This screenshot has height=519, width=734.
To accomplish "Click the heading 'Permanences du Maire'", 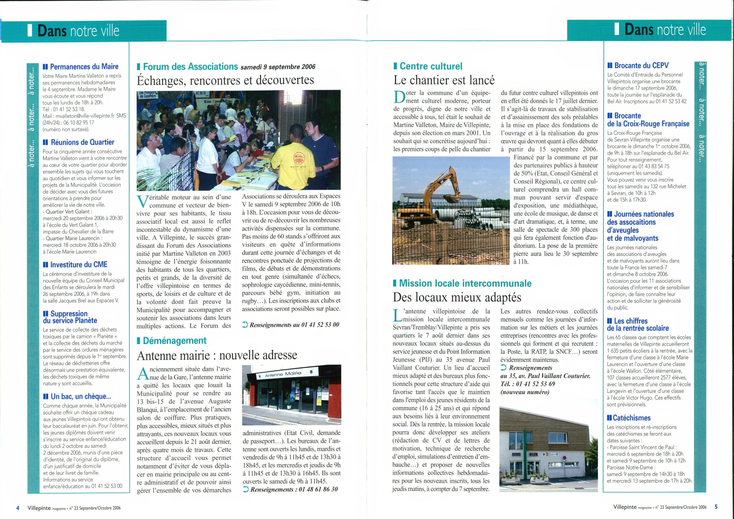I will (x=84, y=67).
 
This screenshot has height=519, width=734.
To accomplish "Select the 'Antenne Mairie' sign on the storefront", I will (x=283, y=374).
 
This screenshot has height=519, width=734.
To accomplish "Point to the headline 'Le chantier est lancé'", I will (x=444, y=80).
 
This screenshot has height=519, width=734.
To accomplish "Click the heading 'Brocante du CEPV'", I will (x=641, y=66).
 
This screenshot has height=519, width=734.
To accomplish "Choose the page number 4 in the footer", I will (x=18, y=508).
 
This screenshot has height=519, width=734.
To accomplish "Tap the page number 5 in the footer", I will (x=716, y=507).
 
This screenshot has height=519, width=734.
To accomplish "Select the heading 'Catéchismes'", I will (x=631, y=417).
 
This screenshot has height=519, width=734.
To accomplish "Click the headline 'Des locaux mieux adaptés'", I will (x=457, y=297).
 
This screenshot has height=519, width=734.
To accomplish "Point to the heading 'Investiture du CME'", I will (x=79, y=264).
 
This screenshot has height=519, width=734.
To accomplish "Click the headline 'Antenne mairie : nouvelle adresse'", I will (x=217, y=355).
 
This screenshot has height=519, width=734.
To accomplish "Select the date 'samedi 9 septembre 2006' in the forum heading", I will (x=278, y=67).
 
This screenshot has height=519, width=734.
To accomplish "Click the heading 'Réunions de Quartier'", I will (x=82, y=142).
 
